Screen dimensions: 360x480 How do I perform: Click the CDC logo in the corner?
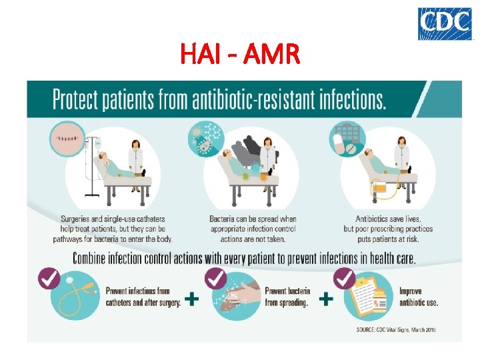[x=444, y=23]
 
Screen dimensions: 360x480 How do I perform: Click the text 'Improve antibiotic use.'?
[x=419, y=297]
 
